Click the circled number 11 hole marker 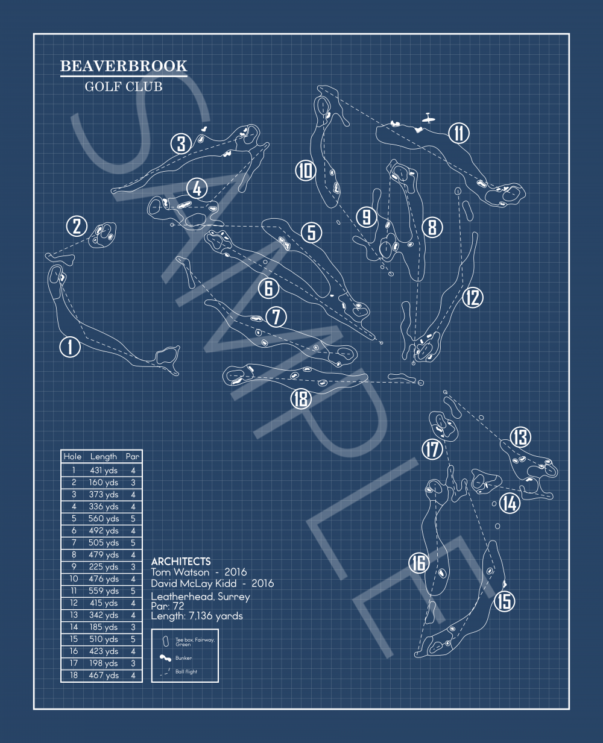click(458, 133)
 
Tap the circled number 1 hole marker click(70, 347)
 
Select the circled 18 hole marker click(301, 399)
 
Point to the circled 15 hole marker click(504, 601)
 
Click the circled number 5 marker click(312, 233)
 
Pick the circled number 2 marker click(77, 226)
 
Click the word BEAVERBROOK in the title click(124, 66)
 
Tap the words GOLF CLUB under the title click(124, 87)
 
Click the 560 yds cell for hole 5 click(103, 519)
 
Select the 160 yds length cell click(103, 483)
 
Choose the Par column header click(133, 456)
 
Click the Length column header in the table click(104, 457)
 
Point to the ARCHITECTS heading click(181, 561)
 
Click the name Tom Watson click(180, 572)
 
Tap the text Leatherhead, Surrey click(200, 597)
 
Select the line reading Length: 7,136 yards click(197, 616)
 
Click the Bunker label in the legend click(183, 658)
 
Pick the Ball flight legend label click(186, 671)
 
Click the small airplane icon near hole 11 click(428, 118)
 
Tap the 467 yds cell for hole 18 click(104, 676)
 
